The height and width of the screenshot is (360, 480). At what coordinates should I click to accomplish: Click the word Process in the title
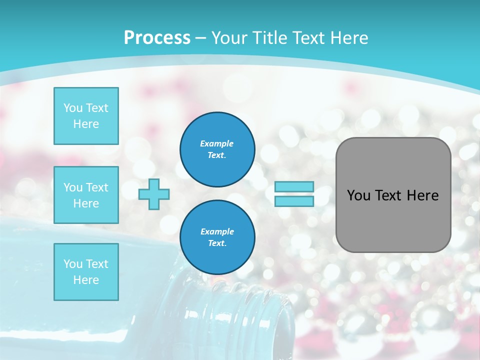pos(157,38)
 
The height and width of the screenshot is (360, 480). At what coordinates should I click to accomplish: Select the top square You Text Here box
pos(86,116)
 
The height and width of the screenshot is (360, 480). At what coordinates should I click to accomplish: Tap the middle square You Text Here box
pos(86,195)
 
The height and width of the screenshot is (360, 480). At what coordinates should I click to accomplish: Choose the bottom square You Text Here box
pos(86,272)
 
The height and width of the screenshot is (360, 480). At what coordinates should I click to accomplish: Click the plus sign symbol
pos(154,194)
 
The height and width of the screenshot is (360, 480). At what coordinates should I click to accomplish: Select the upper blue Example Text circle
pos(217,149)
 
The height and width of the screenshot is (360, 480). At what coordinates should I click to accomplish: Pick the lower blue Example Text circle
pos(217,237)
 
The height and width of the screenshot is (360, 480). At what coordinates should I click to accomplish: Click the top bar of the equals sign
pos(294,187)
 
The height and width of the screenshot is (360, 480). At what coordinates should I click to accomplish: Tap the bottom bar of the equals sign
pos(294,201)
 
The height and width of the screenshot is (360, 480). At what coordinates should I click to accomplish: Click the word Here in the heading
pos(348,38)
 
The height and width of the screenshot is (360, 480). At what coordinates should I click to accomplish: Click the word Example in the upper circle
pos(217,143)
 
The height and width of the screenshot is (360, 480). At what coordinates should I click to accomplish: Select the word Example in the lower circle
pos(217,231)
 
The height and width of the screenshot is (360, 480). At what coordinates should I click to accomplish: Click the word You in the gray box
pos(358,195)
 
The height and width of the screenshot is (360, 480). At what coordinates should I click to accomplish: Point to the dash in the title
pos(200,38)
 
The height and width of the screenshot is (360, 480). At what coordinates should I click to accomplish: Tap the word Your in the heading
pos(229,38)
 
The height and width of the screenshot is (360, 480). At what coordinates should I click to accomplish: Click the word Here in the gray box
pos(422,195)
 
